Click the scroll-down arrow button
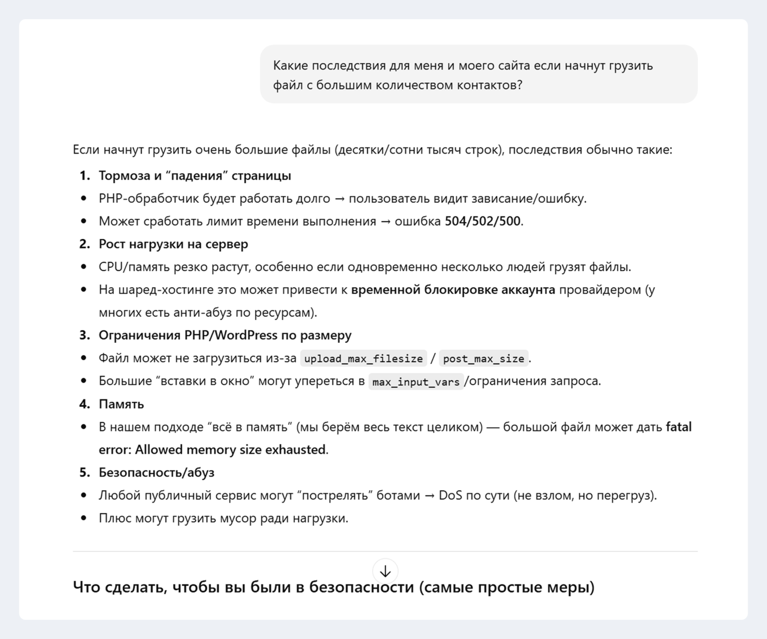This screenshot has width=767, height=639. (385, 571)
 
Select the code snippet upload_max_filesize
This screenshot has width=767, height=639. (363, 359)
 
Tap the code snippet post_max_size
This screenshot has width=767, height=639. (483, 359)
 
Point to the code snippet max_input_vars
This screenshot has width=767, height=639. (415, 382)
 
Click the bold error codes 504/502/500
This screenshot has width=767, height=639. (482, 221)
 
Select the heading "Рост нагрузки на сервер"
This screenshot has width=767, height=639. (173, 244)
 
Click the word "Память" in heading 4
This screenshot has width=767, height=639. (121, 404)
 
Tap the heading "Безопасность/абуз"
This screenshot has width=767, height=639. (156, 473)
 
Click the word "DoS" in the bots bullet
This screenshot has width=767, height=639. (450, 496)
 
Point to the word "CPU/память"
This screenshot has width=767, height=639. (134, 267)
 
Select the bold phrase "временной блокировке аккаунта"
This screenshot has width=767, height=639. (453, 290)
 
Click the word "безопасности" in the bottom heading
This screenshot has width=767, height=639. (362, 587)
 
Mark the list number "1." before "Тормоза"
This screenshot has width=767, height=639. (85, 176)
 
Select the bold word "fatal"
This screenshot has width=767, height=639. (679, 427)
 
